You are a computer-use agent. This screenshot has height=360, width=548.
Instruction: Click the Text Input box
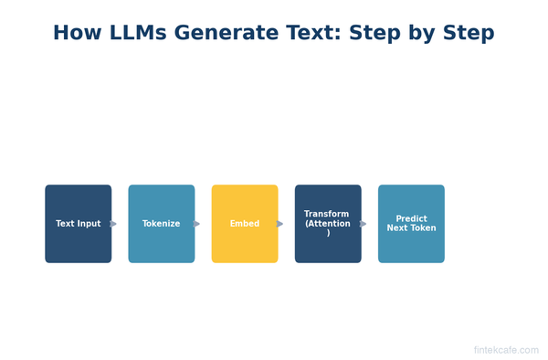click(x=78, y=224)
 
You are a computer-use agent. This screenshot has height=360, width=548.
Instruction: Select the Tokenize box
click(x=161, y=224)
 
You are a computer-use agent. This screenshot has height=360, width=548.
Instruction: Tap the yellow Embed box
click(x=245, y=224)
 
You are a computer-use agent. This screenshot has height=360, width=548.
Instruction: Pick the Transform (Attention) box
click(x=328, y=224)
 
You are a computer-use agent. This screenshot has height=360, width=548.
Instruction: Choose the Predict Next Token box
click(x=411, y=224)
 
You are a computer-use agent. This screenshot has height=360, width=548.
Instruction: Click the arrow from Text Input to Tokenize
click(x=113, y=224)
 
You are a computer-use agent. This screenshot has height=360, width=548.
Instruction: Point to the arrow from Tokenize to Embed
click(x=196, y=224)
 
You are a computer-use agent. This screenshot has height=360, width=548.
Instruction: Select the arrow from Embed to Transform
click(x=279, y=224)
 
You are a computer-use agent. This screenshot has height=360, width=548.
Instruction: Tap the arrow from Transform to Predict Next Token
click(x=363, y=224)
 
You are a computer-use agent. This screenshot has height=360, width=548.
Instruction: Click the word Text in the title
click(x=305, y=34)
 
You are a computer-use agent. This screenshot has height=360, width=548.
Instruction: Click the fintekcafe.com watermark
click(x=506, y=350)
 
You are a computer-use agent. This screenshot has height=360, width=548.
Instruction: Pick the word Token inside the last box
click(x=423, y=228)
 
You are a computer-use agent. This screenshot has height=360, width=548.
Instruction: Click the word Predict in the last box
click(x=411, y=218)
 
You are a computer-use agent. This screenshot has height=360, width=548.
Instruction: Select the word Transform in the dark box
click(x=327, y=214)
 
